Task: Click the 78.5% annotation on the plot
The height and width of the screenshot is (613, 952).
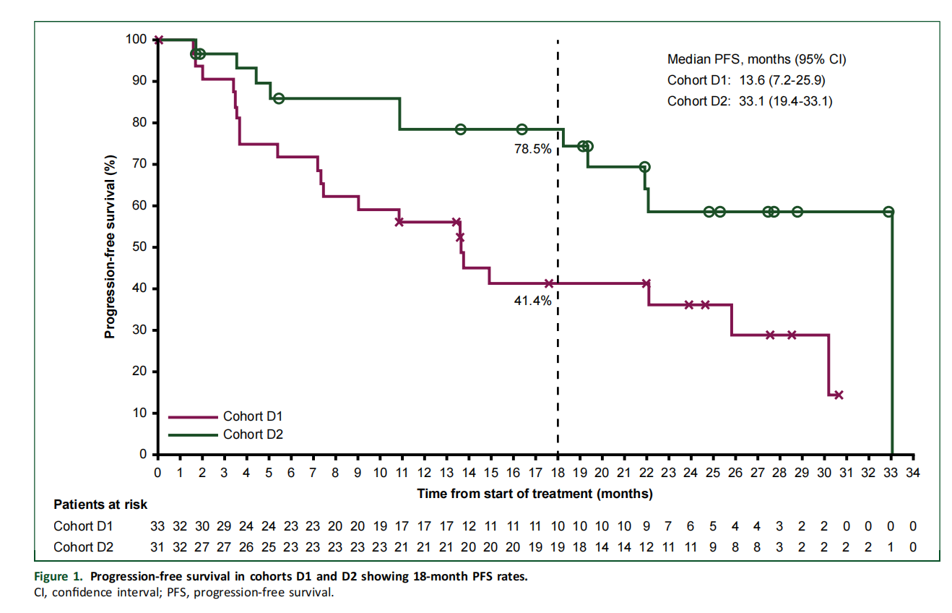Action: tap(532, 149)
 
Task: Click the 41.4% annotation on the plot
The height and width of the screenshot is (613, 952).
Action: tap(532, 301)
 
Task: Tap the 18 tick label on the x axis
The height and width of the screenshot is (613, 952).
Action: tap(558, 473)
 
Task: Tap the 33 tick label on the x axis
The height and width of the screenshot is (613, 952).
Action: tap(891, 473)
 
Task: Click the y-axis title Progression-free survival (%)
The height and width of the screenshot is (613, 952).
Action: tap(110, 247)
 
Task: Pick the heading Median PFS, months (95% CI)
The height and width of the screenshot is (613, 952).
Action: tap(756, 59)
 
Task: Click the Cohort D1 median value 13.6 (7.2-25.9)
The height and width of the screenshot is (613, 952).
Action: tap(782, 80)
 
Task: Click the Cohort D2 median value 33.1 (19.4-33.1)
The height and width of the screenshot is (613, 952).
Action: tap(785, 101)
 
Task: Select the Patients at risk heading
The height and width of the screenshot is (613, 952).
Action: tap(100, 505)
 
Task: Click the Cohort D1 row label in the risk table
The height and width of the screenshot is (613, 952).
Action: tap(83, 526)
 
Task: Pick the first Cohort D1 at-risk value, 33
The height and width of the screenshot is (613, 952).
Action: tap(157, 526)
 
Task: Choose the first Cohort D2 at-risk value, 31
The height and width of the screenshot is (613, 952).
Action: tap(157, 547)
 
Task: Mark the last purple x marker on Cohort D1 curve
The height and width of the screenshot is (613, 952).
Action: tap(839, 395)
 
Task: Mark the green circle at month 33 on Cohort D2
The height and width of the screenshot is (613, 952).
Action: tap(888, 211)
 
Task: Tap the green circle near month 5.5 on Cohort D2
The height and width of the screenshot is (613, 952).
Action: tap(279, 99)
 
